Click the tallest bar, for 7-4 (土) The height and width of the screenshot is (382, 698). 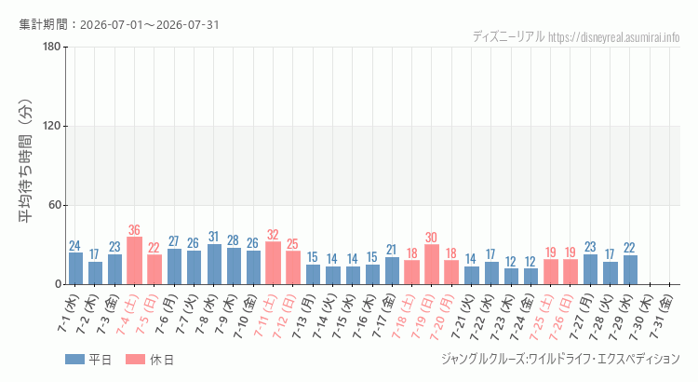pyautogui.click(x=134, y=260)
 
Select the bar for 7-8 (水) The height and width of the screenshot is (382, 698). pyautogui.click(x=214, y=264)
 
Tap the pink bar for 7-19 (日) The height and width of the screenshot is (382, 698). pyautogui.click(x=431, y=265)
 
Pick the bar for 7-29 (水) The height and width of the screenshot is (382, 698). pyautogui.click(x=630, y=269)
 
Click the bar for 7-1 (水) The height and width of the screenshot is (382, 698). pyautogui.click(x=75, y=268)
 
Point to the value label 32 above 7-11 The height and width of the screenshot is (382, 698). pyautogui.click(x=273, y=235)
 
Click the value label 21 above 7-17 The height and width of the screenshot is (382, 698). pyautogui.click(x=391, y=250)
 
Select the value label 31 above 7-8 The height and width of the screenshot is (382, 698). pyautogui.click(x=214, y=237)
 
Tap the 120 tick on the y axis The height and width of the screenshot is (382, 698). pyautogui.click(x=52, y=126)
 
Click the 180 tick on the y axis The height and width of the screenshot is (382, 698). pyautogui.click(x=52, y=47)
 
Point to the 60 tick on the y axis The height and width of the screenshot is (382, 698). pyautogui.click(x=55, y=206)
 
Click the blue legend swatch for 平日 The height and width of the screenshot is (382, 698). pyautogui.click(x=74, y=360)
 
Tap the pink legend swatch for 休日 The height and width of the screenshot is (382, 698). pyautogui.click(x=135, y=360)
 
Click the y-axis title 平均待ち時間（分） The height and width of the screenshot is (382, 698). pyautogui.click(x=25, y=161)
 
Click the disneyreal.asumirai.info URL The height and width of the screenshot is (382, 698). pyautogui.click(x=614, y=37)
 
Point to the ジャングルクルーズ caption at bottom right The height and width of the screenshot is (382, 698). pyautogui.click(x=560, y=359)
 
